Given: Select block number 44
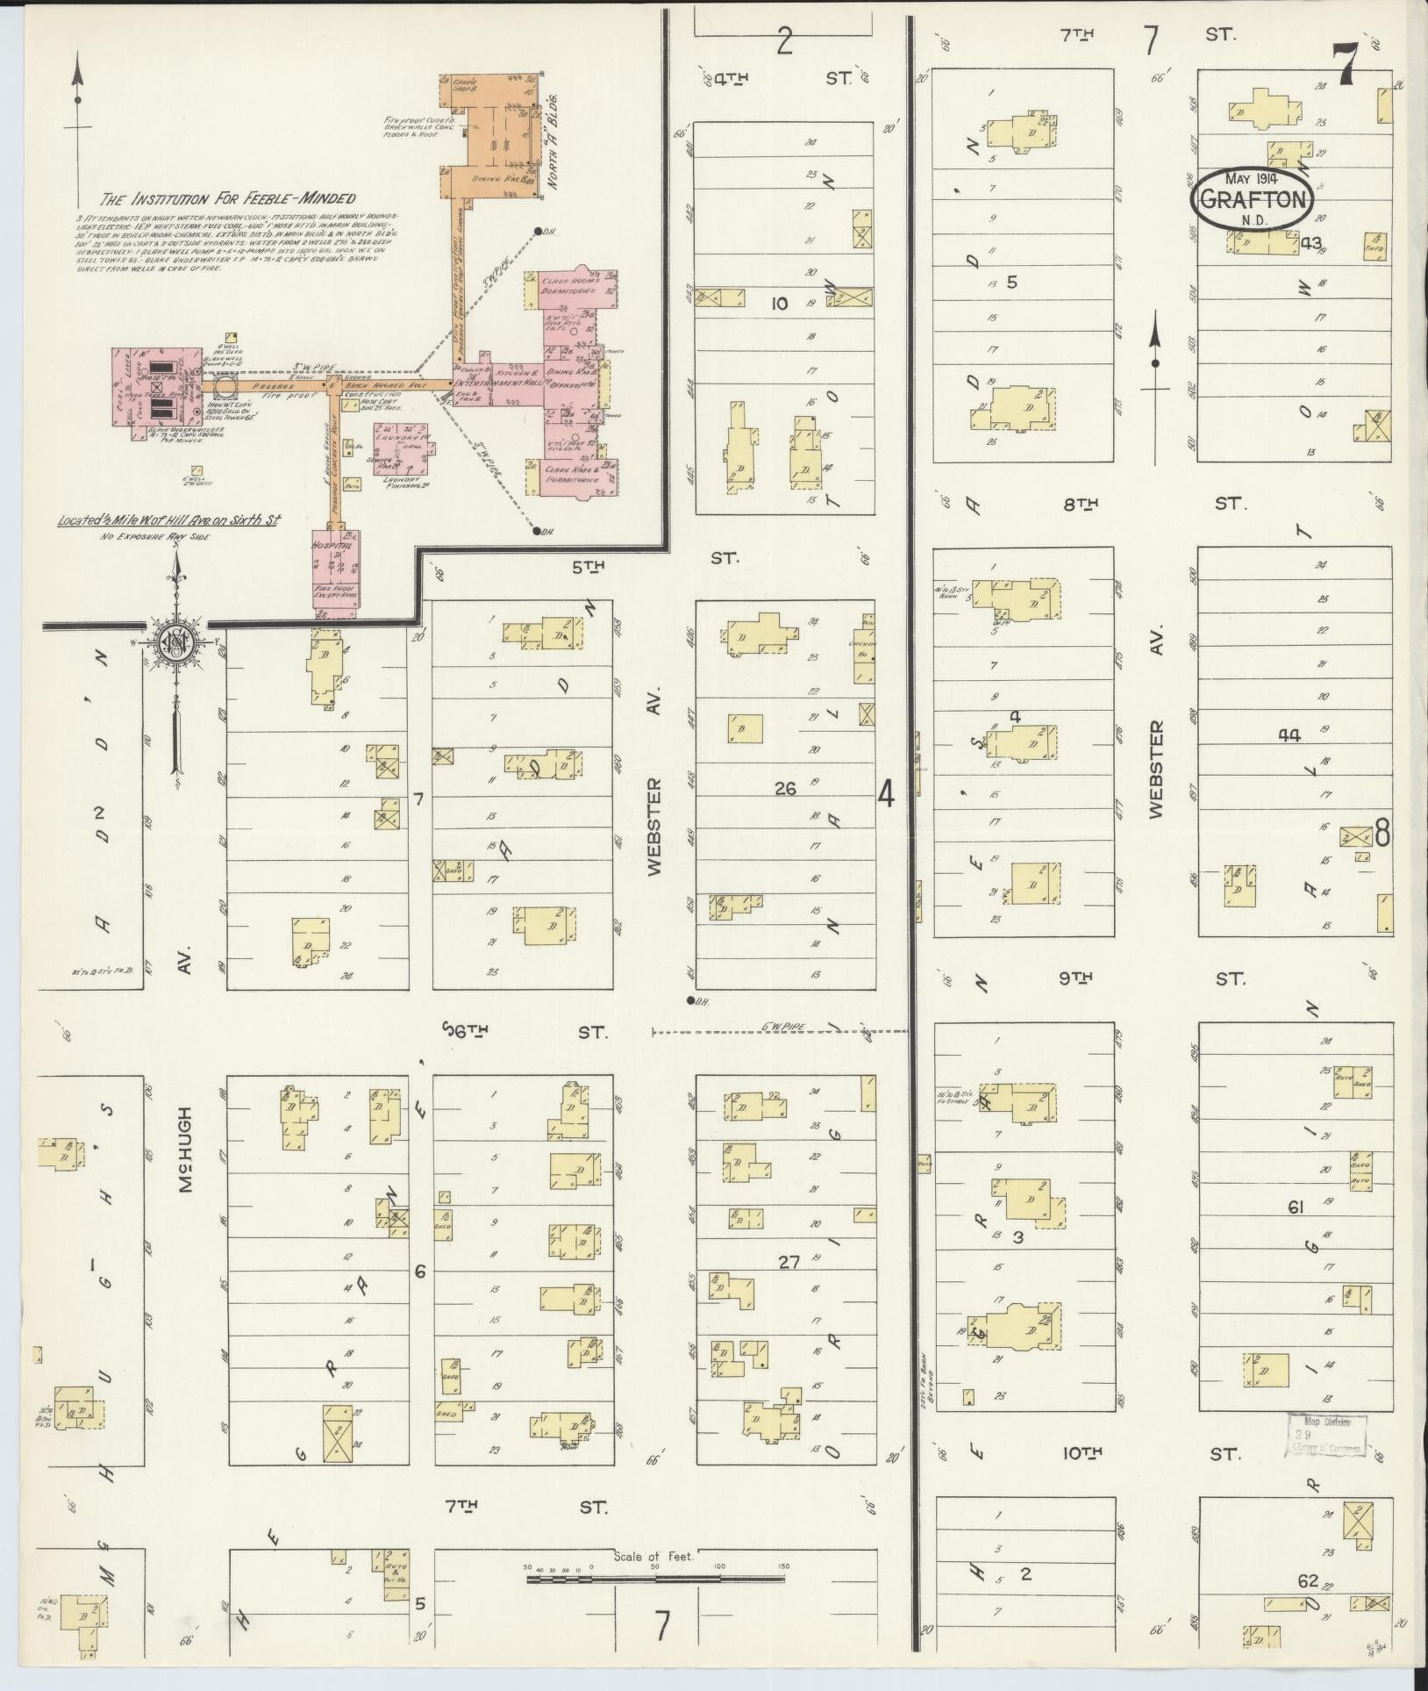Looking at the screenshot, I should [1289, 734].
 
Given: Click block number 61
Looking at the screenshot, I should [1295, 1207].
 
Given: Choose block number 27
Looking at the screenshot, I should [789, 1261].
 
